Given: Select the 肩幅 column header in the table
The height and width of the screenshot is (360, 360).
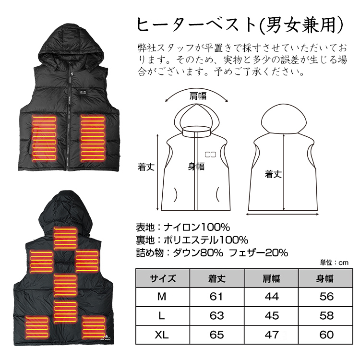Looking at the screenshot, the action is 272,278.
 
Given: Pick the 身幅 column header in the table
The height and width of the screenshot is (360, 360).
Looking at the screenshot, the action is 326,278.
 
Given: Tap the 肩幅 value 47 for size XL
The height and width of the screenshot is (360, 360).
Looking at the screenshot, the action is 272,334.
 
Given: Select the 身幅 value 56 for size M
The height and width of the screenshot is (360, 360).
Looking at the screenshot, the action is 326,297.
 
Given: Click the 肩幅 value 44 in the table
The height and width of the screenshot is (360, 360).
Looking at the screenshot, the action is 272,297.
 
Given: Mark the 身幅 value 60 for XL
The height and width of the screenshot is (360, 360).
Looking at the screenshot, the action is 326,334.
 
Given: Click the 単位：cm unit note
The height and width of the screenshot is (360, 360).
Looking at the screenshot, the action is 334,263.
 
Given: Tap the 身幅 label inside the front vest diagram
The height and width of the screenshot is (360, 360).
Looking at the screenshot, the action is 196,167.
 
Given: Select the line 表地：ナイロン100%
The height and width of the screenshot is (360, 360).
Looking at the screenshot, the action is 183,227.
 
